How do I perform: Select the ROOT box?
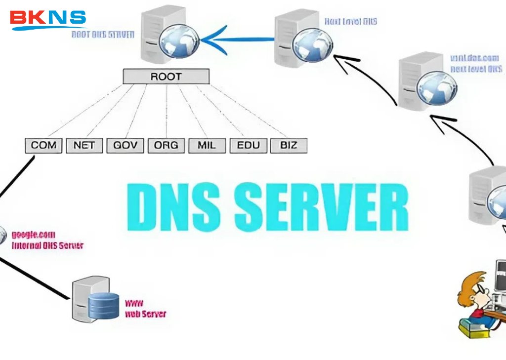pyautogui.click(x=166, y=77)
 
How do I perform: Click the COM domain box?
pyautogui.click(x=43, y=146)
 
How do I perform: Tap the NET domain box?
pyautogui.click(x=84, y=146)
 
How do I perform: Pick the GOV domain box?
pyautogui.click(x=125, y=146)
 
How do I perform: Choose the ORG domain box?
pyautogui.click(x=166, y=146)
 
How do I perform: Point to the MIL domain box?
pyautogui.click(x=207, y=146)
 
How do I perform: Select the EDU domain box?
pyautogui.click(x=248, y=146)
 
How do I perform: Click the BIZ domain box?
pyautogui.click(x=289, y=146)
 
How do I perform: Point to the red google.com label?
pyautogui.click(x=33, y=235)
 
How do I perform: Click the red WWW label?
pyautogui.click(x=133, y=303)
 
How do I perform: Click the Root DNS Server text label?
pyautogui.click(x=103, y=35)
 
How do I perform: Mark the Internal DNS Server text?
pyautogui.click(x=47, y=245)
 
